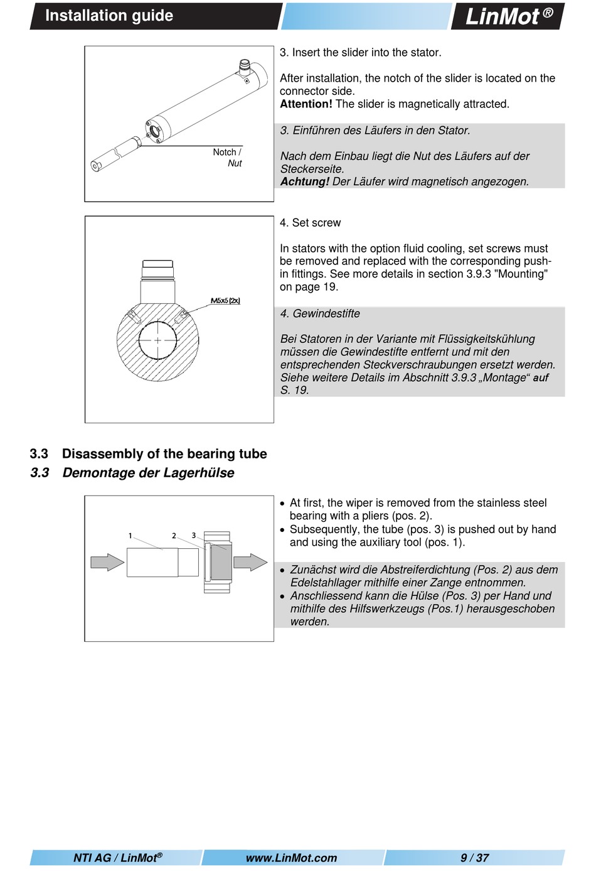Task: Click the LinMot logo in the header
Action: tap(508, 16)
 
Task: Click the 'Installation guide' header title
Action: tap(109, 16)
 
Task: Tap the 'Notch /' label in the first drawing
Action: tap(226, 152)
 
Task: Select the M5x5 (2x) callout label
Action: tap(225, 301)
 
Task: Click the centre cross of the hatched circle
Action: tap(157, 340)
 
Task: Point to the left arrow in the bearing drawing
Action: tap(107, 562)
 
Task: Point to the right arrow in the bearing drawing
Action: tap(250, 562)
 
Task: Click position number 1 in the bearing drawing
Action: tap(130, 536)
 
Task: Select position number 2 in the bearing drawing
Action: tap(174, 536)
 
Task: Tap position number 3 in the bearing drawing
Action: tap(194, 536)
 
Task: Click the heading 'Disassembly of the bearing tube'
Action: tap(164, 454)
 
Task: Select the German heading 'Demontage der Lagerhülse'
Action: tap(148, 473)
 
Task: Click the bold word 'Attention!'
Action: tap(306, 104)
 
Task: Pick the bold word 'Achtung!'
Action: tap(305, 182)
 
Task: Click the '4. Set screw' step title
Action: tap(310, 223)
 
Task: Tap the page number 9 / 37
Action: tap(474, 858)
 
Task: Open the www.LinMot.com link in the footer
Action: tap(291, 858)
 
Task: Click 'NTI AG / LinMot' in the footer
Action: tap(117, 858)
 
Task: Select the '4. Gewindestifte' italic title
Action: tap(320, 314)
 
